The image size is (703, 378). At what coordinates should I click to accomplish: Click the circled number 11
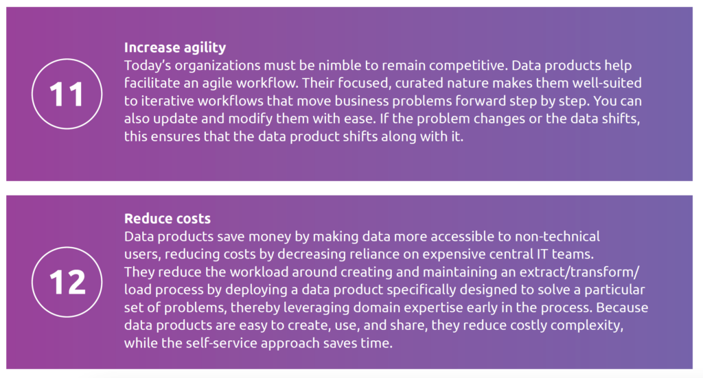[x=67, y=94]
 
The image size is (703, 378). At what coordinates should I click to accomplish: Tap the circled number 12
[x=67, y=282]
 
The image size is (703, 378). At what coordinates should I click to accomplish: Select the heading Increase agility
[x=175, y=47]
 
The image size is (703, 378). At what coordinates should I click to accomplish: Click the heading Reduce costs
[x=168, y=219]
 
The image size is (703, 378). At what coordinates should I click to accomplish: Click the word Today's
[x=147, y=66]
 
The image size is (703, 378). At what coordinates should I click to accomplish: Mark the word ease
[x=362, y=119]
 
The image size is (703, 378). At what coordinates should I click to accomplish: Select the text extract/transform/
[x=579, y=272]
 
